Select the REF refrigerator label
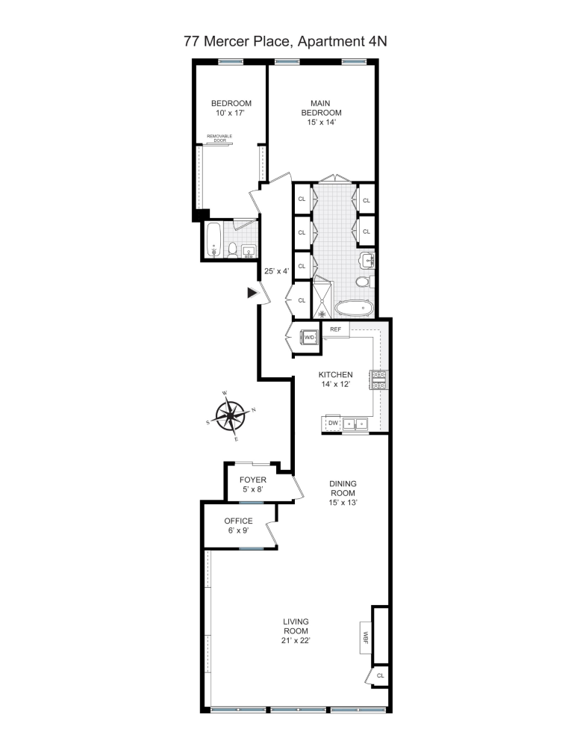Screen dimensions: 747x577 335,329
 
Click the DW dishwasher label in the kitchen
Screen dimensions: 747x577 333,424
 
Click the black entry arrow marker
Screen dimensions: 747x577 252,294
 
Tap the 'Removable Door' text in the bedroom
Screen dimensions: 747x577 219,137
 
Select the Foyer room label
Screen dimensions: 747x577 253,480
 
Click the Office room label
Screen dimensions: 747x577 239,521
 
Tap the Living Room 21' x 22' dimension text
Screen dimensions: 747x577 296,640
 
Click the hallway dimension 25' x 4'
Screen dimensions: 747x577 276,271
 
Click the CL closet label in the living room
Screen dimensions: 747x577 380,675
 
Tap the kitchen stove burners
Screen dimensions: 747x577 377,381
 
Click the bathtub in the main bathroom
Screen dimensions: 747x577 355,307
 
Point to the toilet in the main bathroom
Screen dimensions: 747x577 364,282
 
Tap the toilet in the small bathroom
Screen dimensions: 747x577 232,249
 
